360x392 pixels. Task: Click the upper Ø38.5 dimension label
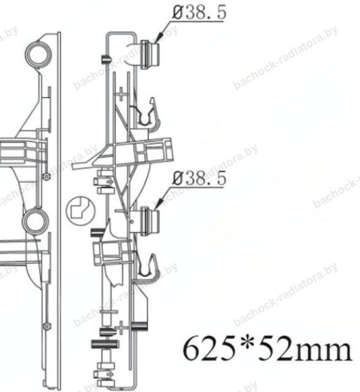(200, 12)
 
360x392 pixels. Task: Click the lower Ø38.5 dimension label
(200, 178)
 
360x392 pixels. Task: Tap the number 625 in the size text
(210, 348)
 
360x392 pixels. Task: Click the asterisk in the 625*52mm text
(246, 343)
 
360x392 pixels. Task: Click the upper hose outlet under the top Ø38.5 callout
(150, 54)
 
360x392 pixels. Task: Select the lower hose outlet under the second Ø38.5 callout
(150, 221)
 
